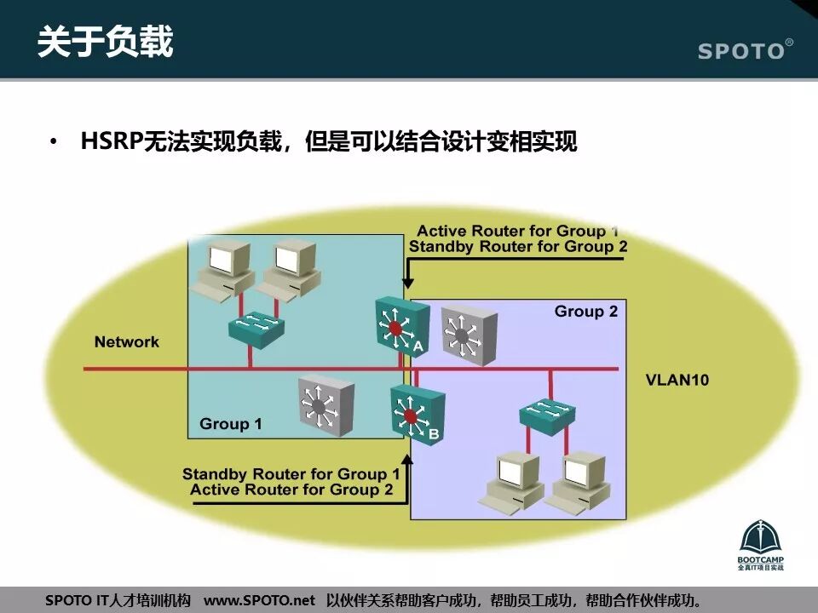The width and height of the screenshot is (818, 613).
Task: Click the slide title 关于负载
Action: [x=105, y=41]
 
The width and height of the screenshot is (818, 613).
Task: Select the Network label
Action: [x=126, y=342]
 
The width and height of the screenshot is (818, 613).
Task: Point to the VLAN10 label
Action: [x=677, y=380]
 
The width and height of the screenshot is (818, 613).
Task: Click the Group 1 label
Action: [x=230, y=424]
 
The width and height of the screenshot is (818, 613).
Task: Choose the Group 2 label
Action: [x=586, y=312]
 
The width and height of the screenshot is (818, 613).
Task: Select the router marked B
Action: [x=416, y=415]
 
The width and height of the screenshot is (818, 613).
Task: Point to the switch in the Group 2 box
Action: [x=548, y=414]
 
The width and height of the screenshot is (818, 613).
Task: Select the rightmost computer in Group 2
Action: [x=579, y=481]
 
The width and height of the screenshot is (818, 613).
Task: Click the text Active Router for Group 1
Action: [x=518, y=232]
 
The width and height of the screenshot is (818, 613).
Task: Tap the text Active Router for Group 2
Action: [x=291, y=490]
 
